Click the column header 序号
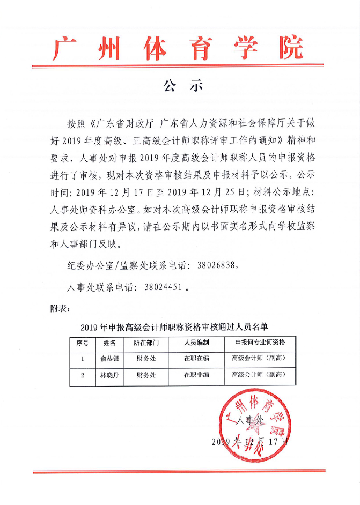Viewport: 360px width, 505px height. tap(83, 343)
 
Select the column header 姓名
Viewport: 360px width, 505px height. tap(109, 343)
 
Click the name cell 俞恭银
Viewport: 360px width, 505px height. tap(109, 359)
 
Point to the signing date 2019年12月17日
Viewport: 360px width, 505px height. tap(250, 442)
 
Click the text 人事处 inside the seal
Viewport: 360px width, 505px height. tap(251, 421)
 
